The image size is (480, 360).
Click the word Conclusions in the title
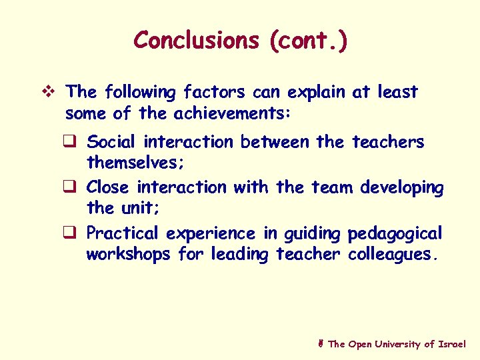(195, 41)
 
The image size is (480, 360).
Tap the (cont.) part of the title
(308, 41)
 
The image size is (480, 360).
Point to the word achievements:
(232, 114)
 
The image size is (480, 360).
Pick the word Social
(111, 142)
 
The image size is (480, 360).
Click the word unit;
(139, 208)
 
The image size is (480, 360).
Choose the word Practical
(123, 234)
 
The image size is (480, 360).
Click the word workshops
(129, 255)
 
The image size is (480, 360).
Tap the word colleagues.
(394, 255)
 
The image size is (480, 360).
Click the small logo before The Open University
(321, 344)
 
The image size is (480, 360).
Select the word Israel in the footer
(452, 344)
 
